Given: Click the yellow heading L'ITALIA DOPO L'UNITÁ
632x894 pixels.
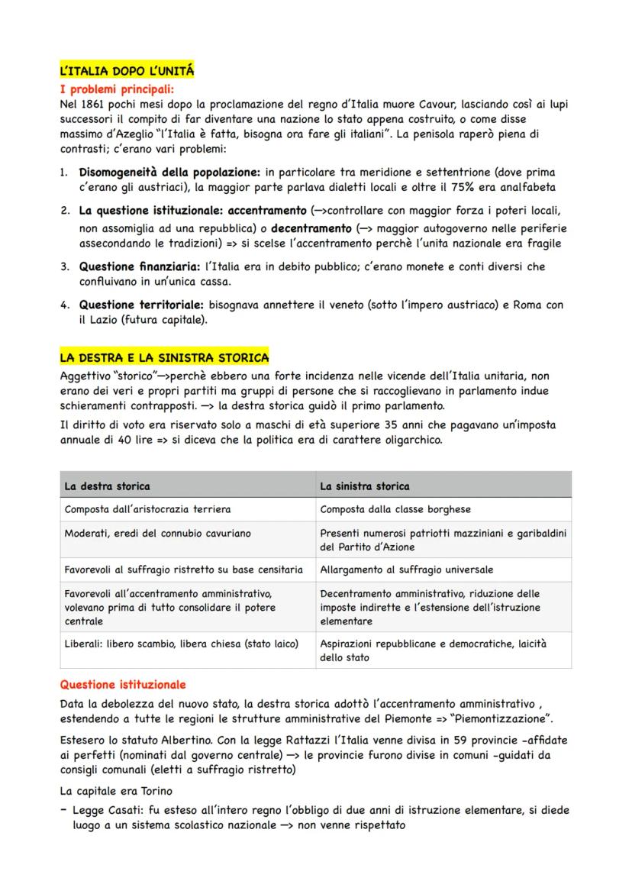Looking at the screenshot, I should tap(127, 71).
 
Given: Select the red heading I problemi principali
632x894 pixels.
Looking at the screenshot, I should tap(117, 89).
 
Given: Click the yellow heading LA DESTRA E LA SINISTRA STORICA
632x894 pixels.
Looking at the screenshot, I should tap(164, 357).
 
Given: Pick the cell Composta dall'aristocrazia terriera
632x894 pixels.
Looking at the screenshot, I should tap(147, 509).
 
